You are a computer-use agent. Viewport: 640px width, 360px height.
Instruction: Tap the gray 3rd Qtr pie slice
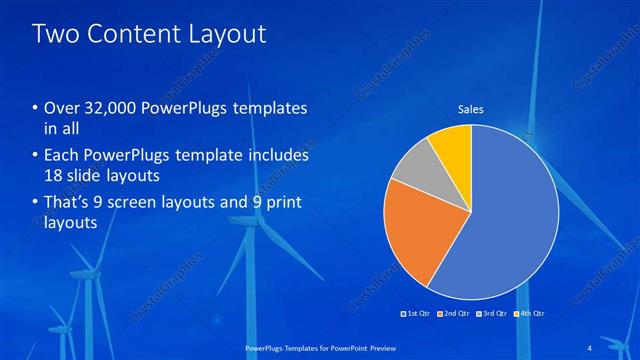tap(411, 168)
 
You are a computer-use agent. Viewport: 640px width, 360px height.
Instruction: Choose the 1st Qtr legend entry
tap(416, 313)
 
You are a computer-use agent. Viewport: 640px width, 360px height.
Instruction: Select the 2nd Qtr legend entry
tap(456, 313)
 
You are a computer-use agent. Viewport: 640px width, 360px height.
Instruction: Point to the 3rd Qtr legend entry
tap(492, 313)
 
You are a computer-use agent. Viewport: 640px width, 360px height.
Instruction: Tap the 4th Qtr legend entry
tap(530, 313)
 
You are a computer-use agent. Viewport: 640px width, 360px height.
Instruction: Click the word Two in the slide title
tap(56, 34)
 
